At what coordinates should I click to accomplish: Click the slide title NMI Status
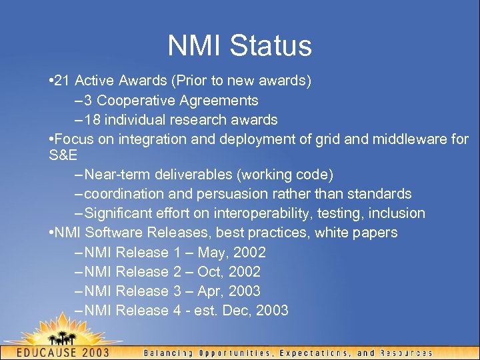click(x=240, y=45)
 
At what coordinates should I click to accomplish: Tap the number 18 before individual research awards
click(x=93, y=120)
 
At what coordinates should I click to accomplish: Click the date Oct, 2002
click(x=229, y=271)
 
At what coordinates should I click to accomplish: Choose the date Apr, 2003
click(x=229, y=291)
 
